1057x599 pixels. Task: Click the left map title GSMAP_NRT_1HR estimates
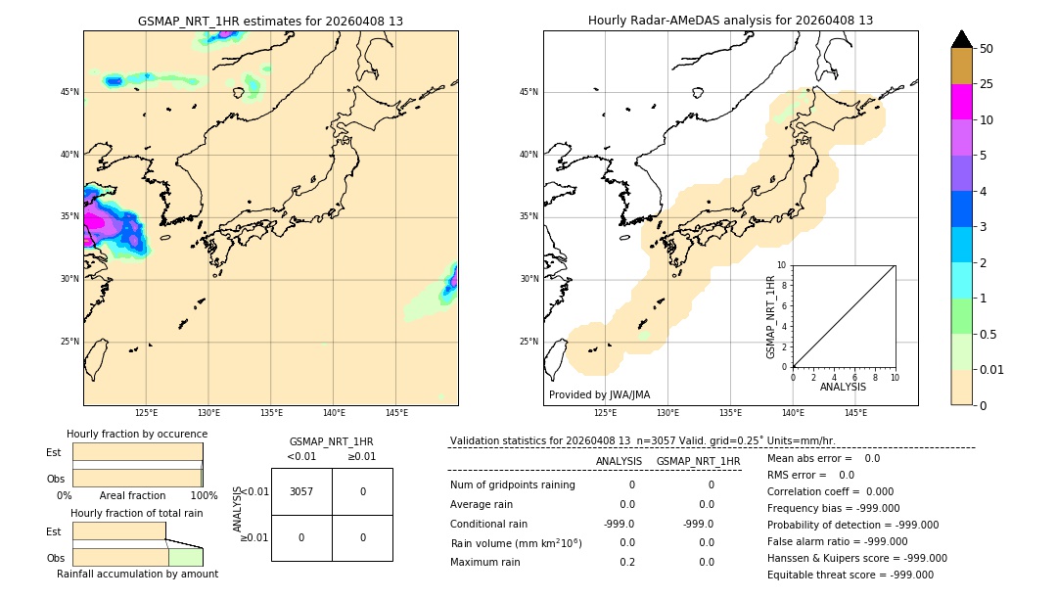270,21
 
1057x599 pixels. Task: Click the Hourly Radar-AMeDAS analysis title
730,21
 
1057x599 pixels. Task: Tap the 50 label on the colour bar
987,48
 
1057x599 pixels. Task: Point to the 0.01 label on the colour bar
991,369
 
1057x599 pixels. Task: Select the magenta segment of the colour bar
961,102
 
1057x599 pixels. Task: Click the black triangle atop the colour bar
961,39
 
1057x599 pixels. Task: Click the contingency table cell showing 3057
301,491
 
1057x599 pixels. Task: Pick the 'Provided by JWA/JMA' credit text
599,394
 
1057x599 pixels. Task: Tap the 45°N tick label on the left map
69,92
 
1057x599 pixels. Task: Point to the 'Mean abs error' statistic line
823,458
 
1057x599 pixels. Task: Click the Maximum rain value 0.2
626,562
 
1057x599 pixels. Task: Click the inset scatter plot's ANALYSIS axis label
843,387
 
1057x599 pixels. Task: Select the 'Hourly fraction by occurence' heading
137,434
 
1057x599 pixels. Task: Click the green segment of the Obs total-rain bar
185,557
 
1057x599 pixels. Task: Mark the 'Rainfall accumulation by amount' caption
137,574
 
